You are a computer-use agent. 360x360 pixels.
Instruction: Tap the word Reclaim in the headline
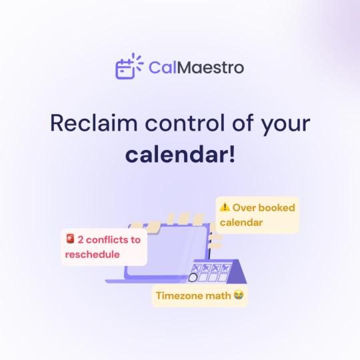coord(91,124)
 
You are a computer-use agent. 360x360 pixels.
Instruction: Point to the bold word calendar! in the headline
coord(180,155)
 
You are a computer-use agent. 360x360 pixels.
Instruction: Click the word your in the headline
coord(287,125)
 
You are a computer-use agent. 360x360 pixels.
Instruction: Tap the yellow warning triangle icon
coord(225,207)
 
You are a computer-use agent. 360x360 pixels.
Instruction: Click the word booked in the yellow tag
coord(275,207)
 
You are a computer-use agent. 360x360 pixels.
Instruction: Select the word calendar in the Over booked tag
coord(241,222)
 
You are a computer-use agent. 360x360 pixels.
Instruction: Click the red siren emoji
coord(69,239)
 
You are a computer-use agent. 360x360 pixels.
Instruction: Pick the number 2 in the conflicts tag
coord(81,239)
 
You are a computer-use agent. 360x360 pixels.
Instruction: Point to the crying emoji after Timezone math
coord(238,295)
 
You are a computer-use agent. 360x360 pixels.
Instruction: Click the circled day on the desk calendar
coord(193,277)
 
